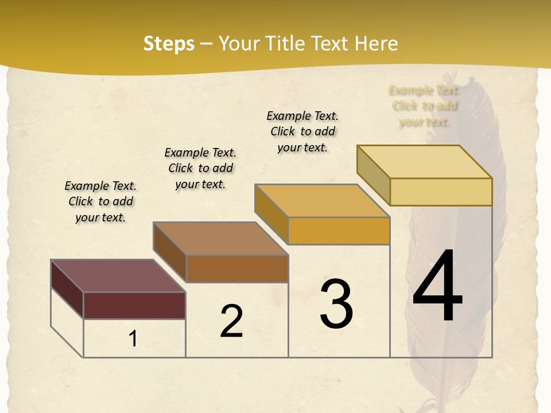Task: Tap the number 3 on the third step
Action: click(x=336, y=303)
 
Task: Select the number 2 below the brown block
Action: click(x=231, y=321)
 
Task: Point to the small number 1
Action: click(x=133, y=339)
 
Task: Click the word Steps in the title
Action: click(x=169, y=44)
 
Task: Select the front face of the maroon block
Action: click(x=134, y=305)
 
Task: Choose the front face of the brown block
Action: click(x=237, y=268)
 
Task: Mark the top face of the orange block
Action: click(x=322, y=201)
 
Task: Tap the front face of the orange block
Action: click(x=339, y=231)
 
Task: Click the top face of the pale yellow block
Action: click(x=424, y=162)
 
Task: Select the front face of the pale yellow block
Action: click(x=441, y=192)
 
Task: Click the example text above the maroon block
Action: click(x=100, y=201)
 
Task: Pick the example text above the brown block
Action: click(x=200, y=168)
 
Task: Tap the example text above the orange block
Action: click(x=302, y=131)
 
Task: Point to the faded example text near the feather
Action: click(x=424, y=106)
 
